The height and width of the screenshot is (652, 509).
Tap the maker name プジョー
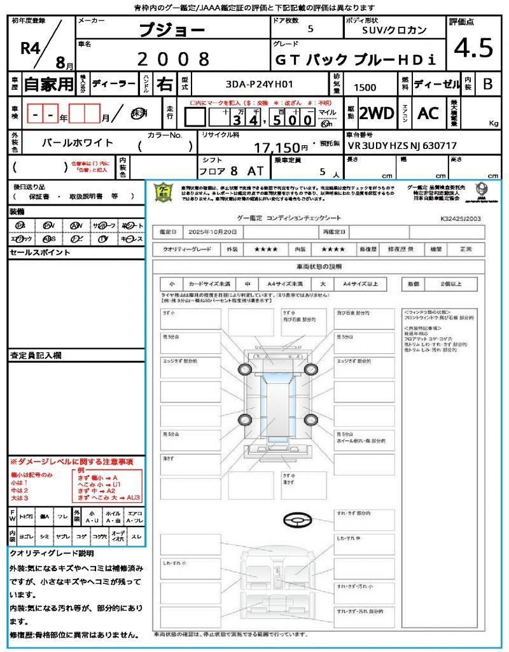172,30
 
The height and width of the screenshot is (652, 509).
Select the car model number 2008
173,59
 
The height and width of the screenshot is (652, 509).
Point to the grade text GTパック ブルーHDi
355,60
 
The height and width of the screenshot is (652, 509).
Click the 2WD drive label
377,113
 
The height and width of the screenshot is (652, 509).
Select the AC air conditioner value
428,113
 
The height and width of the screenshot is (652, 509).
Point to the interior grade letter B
488,84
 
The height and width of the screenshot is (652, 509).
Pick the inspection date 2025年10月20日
216,232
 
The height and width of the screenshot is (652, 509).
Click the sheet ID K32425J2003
460,218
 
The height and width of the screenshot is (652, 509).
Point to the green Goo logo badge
164,192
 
